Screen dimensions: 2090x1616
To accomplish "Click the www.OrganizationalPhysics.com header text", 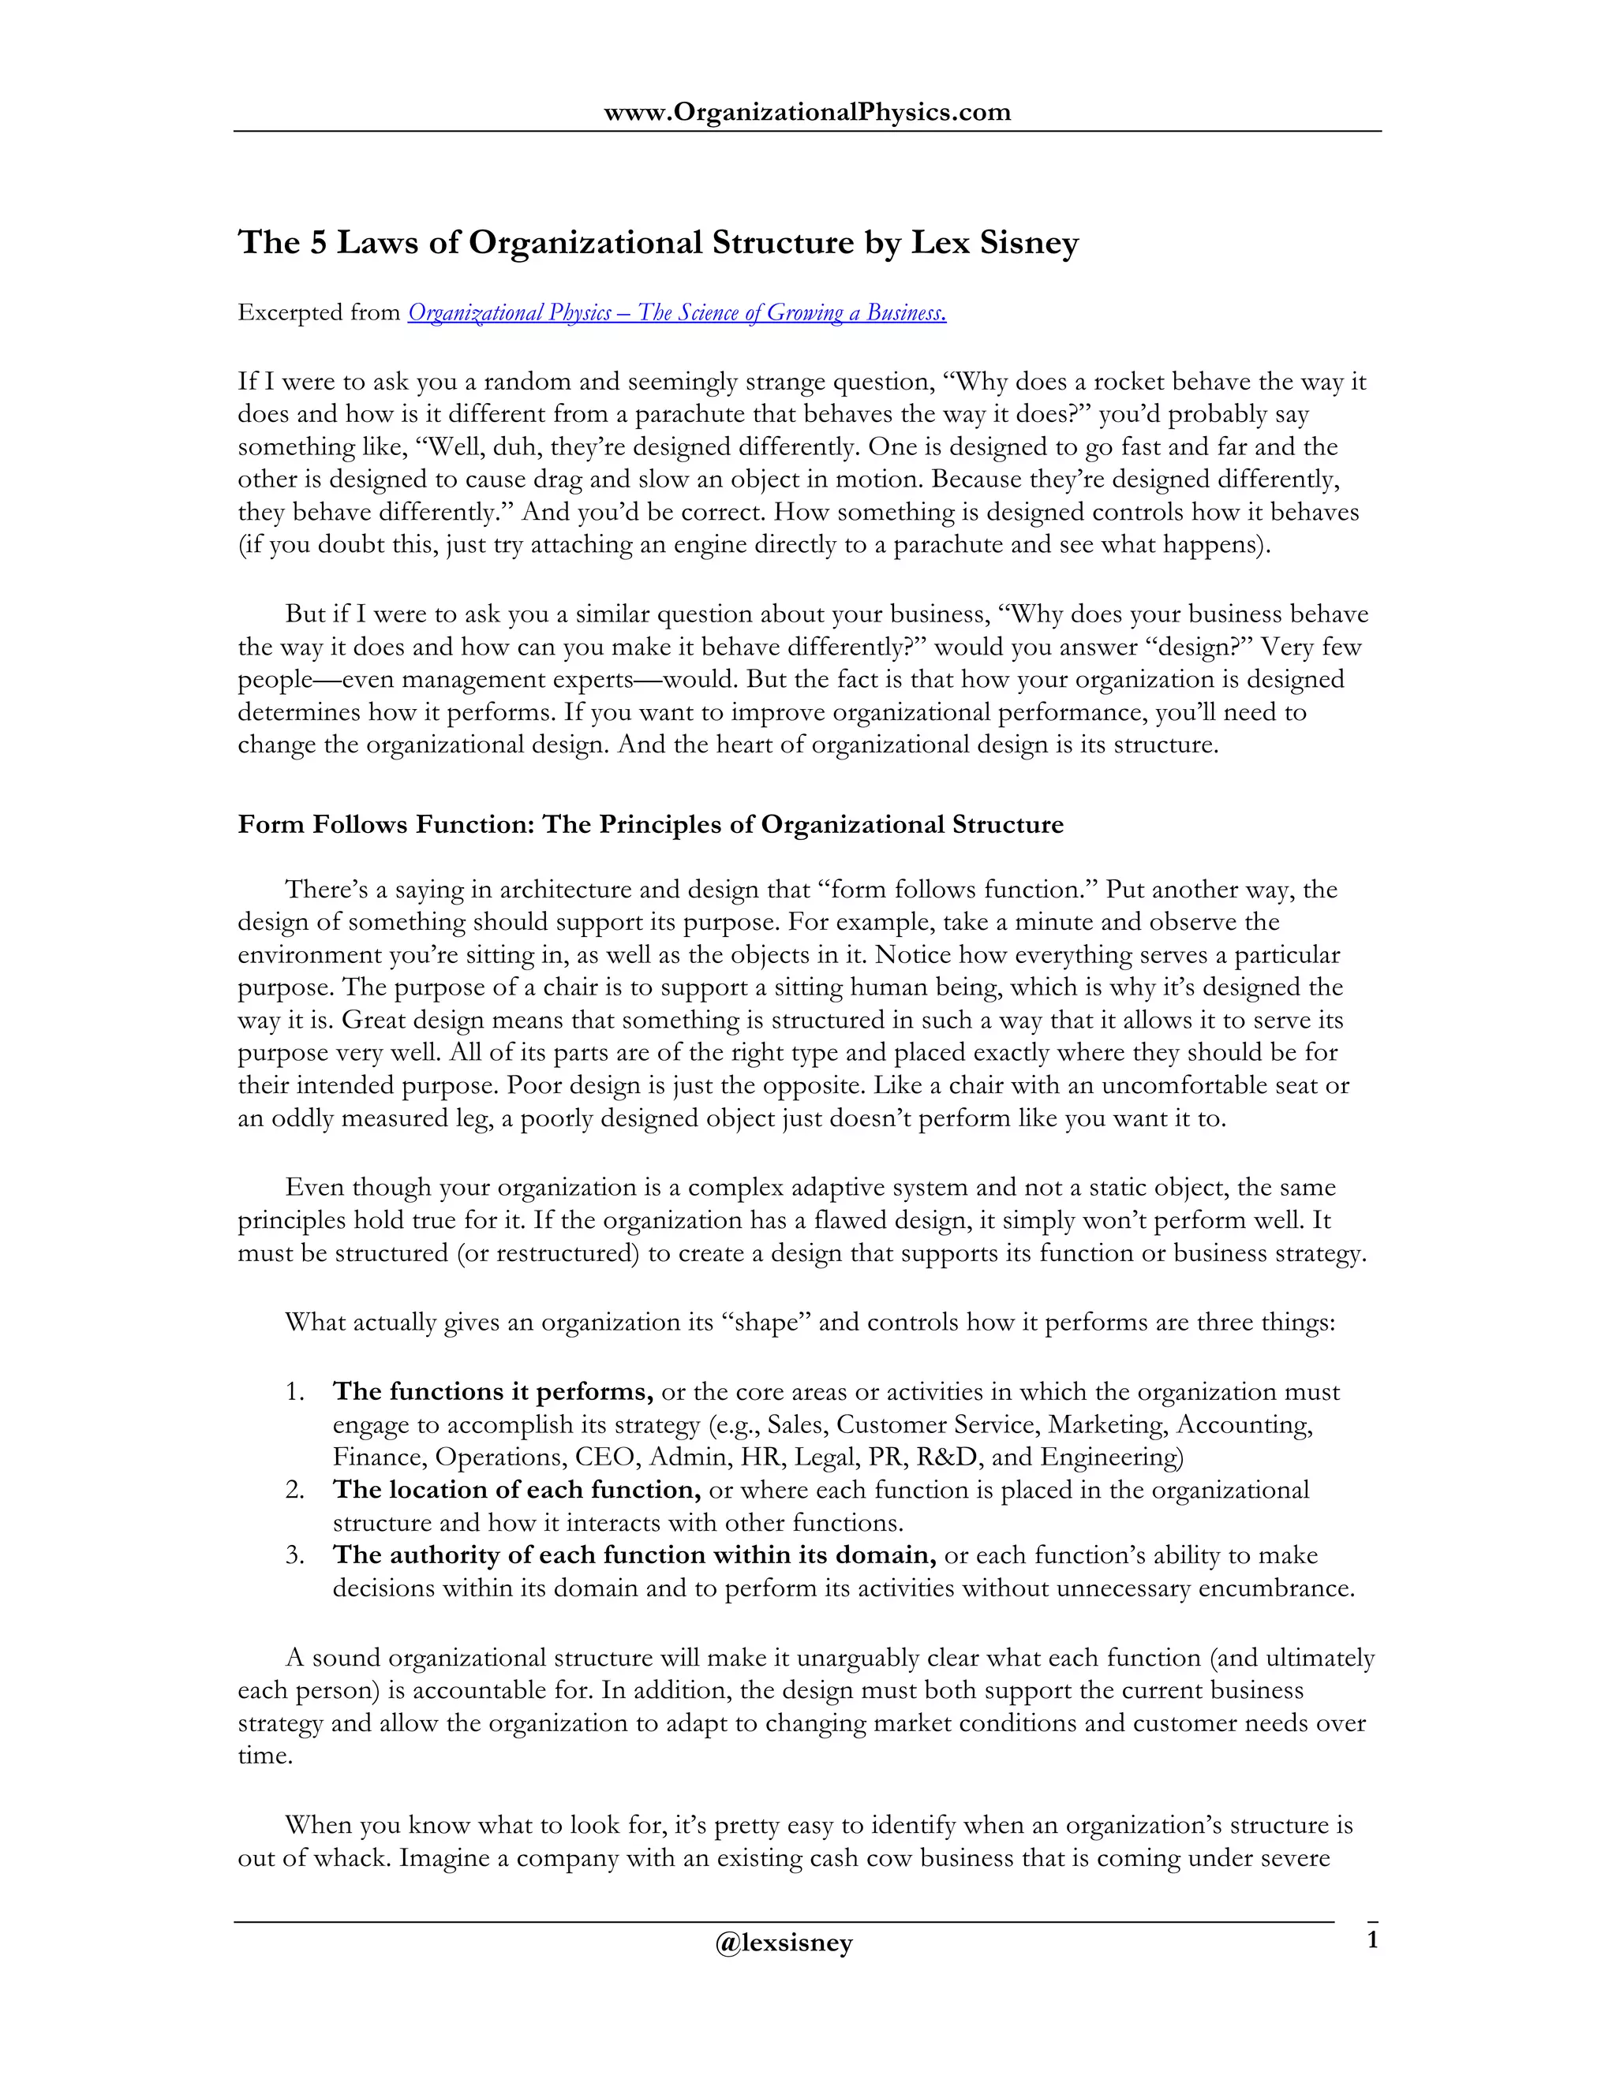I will [x=807, y=112].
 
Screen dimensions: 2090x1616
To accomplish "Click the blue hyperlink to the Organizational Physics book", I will [x=677, y=313].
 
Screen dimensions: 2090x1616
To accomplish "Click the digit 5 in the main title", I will [x=318, y=242].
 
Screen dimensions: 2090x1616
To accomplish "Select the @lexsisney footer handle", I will [x=783, y=1942].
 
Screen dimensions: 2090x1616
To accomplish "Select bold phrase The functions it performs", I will [x=493, y=1391].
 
